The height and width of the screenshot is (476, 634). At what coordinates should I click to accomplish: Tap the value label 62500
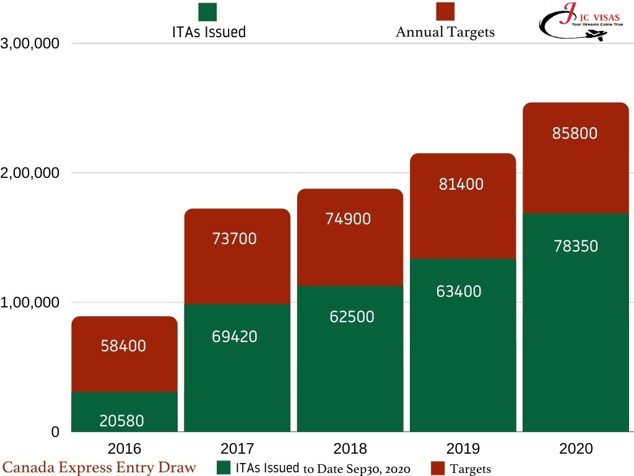(x=350, y=317)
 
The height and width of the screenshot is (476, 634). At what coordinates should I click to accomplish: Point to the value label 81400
(x=461, y=184)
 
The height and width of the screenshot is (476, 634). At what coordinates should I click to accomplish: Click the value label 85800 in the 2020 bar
(x=575, y=133)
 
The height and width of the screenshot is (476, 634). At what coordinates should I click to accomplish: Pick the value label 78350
(x=575, y=246)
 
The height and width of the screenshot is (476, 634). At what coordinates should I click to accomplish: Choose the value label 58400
(x=124, y=346)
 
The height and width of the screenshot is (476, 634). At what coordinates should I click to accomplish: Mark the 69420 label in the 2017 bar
(x=235, y=337)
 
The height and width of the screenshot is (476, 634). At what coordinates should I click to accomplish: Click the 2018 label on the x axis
(x=350, y=449)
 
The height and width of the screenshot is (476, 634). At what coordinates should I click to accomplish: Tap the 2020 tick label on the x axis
(x=576, y=449)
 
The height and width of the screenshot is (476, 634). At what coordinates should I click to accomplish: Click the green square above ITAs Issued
(x=207, y=12)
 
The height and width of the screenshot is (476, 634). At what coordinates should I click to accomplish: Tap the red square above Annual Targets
(x=445, y=11)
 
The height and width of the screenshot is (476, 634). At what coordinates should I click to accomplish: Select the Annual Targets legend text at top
(x=445, y=32)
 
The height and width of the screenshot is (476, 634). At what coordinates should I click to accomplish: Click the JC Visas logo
(x=580, y=22)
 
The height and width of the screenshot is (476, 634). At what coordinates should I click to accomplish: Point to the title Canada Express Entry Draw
(x=100, y=467)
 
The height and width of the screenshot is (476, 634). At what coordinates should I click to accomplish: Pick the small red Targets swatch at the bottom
(x=438, y=468)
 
